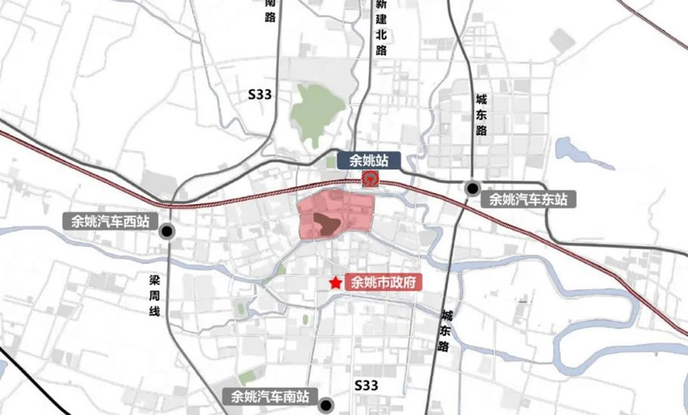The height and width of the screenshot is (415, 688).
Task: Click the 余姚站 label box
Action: click(x=369, y=159)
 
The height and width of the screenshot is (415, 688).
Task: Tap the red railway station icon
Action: click(x=370, y=178)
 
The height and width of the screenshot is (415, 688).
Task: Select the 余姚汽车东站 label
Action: click(x=528, y=200)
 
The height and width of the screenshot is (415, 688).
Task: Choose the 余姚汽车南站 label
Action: click(x=270, y=396)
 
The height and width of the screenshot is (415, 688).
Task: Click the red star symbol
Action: click(x=334, y=282)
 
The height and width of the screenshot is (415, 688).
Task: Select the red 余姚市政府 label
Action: click(x=383, y=283)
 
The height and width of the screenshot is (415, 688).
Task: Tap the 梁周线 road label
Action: click(x=154, y=294)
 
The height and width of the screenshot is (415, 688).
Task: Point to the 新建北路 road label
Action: click(x=380, y=28)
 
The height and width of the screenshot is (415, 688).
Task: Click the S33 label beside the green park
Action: click(x=259, y=94)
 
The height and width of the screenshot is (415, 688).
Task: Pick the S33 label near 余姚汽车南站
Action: click(x=366, y=386)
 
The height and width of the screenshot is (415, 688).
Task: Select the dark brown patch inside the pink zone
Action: click(x=327, y=222)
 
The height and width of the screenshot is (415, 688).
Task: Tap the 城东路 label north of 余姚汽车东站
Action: click(x=482, y=114)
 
